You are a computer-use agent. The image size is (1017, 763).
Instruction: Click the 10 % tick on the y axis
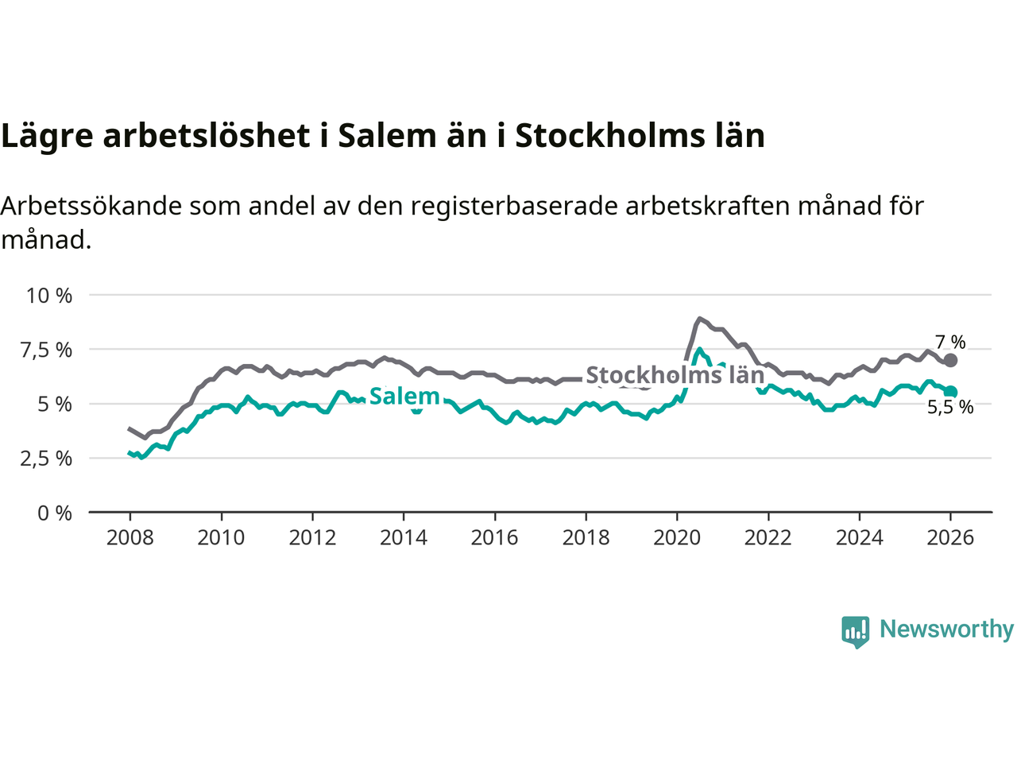click(49, 296)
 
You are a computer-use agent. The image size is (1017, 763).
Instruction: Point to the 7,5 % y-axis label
click(49, 350)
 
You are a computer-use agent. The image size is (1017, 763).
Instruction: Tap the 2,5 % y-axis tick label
click(49, 459)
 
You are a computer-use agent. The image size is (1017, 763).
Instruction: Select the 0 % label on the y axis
click(55, 513)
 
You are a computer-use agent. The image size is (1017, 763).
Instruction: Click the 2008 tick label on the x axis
click(130, 538)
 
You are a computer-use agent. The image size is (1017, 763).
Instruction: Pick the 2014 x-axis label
click(403, 538)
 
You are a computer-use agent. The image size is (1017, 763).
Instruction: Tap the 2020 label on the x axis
click(677, 538)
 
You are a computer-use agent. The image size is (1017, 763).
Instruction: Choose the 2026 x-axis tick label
click(950, 538)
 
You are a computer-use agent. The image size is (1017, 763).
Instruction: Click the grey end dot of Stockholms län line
click(950, 360)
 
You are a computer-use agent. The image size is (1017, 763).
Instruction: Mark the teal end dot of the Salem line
click(950, 392)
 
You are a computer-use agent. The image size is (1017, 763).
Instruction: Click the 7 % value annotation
click(950, 343)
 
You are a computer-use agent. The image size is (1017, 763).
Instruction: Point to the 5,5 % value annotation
click(950, 408)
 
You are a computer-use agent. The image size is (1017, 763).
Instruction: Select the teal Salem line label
click(404, 396)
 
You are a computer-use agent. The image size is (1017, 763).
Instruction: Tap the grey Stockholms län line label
click(675, 375)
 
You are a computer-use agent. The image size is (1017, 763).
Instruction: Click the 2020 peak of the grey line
click(699, 319)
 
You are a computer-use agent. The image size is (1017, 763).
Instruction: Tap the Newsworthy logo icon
click(855, 631)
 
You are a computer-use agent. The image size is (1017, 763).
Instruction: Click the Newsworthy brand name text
click(946, 629)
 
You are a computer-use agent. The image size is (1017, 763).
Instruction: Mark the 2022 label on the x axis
click(768, 538)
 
